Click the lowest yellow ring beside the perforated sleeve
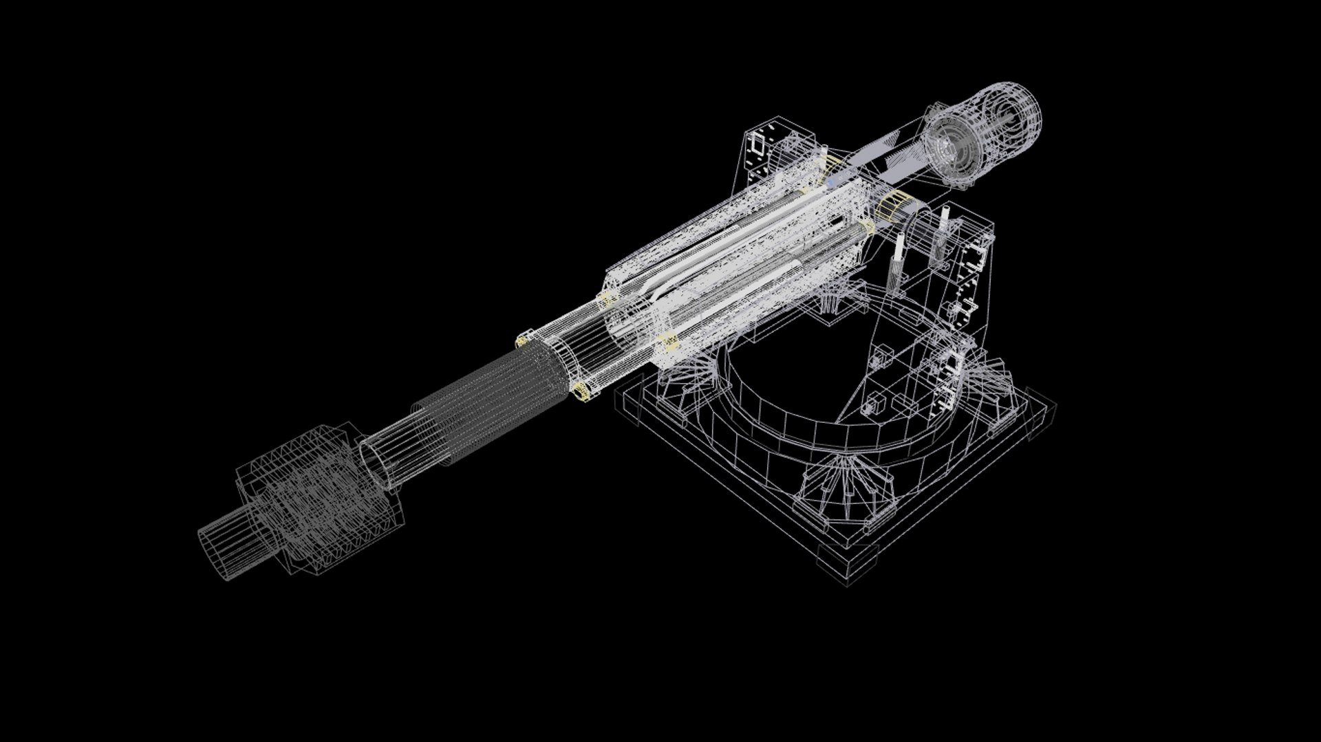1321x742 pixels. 580,391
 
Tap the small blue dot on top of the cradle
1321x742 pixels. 833,184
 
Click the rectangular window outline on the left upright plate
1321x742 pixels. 758,144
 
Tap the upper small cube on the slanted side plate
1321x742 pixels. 881,358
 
